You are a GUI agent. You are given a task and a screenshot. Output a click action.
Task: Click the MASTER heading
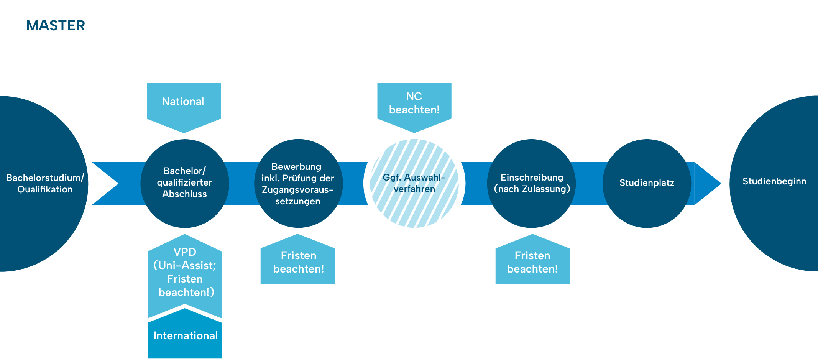tap(56, 26)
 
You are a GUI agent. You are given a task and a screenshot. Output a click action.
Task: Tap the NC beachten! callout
tap(414, 103)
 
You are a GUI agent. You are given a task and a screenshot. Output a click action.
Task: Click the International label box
tap(185, 336)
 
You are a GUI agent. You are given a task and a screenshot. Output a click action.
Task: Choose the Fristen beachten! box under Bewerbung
tap(298, 262)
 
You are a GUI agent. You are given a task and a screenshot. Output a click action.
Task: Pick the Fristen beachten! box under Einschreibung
tap(532, 262)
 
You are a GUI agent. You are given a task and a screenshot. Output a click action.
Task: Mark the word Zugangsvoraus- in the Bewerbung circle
tap(298, 190)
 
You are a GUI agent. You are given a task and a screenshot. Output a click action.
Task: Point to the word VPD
tap(185, 252)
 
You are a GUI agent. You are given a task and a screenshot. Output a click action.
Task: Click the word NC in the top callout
tap(414, 96)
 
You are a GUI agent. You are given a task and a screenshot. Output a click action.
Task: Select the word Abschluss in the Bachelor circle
tap(184, 194)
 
